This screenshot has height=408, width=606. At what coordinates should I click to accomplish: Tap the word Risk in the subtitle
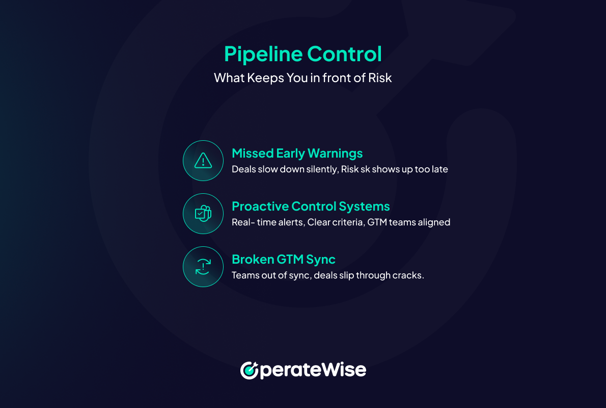380,78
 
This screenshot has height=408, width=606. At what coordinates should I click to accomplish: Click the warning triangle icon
203,160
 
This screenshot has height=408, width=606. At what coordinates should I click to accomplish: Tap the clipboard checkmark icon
203,214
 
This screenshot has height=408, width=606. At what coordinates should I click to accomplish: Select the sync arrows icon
203,267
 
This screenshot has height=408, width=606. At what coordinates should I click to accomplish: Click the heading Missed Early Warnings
297,154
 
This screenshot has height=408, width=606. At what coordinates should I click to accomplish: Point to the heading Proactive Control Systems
311,207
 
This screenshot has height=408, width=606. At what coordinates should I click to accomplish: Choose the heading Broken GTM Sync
284,260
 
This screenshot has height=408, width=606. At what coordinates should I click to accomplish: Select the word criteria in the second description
349,222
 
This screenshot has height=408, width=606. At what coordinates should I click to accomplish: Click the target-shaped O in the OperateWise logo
250,370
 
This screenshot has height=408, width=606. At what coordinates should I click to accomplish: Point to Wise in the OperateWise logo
343,370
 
